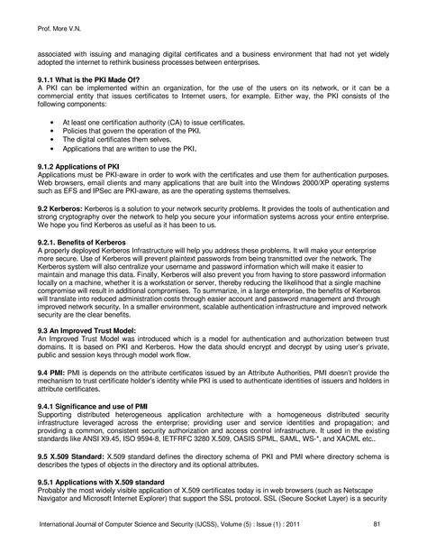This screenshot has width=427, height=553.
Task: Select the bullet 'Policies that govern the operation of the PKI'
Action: click(x=135, y=130)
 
